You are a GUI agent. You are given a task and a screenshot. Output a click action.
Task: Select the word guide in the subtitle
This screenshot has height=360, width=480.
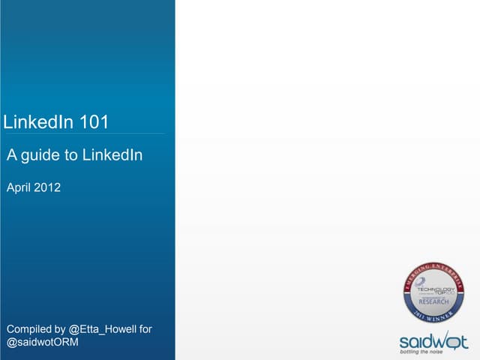[x=40, y=156]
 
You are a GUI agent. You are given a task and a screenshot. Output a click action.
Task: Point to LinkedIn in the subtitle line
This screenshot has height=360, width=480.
[x=112, y=155]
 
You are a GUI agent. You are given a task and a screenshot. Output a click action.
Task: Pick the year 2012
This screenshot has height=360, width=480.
[x=47, y=187]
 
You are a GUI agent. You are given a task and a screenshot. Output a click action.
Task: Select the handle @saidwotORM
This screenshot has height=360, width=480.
[x=42, y=343]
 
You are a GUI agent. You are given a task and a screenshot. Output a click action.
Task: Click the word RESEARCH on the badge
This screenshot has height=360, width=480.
[x=434, y=301]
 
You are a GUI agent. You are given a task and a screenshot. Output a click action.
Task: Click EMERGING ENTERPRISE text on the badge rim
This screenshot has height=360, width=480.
[x=435, y=269]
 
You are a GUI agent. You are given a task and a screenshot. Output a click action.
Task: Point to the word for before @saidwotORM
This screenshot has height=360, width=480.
[x=145, y=329]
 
